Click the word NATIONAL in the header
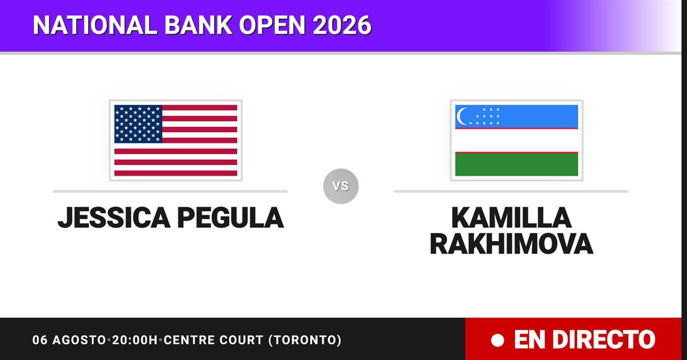pyautogui.click(x=95, y=25)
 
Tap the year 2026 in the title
pyautogui.click(x=342, y=25)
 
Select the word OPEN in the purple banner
pyautogui.click(x=272, y=25)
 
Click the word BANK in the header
pyautogui.click(x=198, y=25)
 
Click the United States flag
pyautogui.click(x=176, y=140)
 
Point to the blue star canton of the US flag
pyautogui.click(x=138, y=124)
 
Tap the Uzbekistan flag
pyautogui.click(x=516, y=140)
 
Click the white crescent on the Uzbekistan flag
pyautogui.click(x=461, y=117)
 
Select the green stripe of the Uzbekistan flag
pyautogui.click(x=516, y=164)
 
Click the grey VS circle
pyautogui.click(x=341, y=186)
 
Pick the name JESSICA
pyautogui.click(x=114, y=217)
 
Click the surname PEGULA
pyautogui.click(x=231, y=217)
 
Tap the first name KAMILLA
pyautogui.click(x=511, y=217)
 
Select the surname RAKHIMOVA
pyautogui.click(x=511, y=244)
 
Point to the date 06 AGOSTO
pyautogui.click(x=69, y=340)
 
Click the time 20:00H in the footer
pyautogui.click(x=135, y=340)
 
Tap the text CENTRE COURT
pyautogui.click(x=214, y=340)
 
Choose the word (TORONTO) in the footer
pyautogui.click(x=305, y=340)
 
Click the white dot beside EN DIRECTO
pyautogui.click(x=498, y=341)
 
